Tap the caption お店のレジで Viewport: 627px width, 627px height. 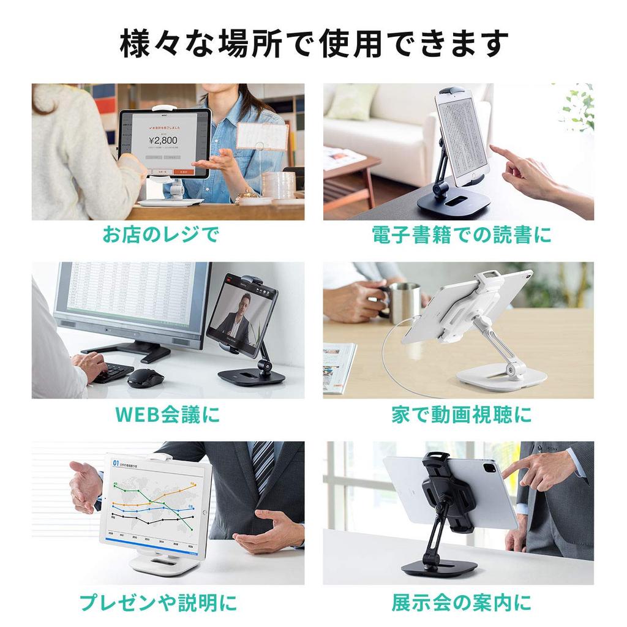pos(160,235)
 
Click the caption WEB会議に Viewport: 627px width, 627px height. pos(167,415)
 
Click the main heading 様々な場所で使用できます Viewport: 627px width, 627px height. pos(313,44)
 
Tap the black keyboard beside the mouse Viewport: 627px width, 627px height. pos(113,371)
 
